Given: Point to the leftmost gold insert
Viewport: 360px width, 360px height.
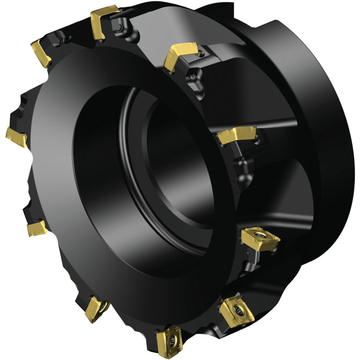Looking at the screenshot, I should coord(16,137).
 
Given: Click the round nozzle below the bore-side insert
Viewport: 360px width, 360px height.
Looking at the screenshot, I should coord(242,162).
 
